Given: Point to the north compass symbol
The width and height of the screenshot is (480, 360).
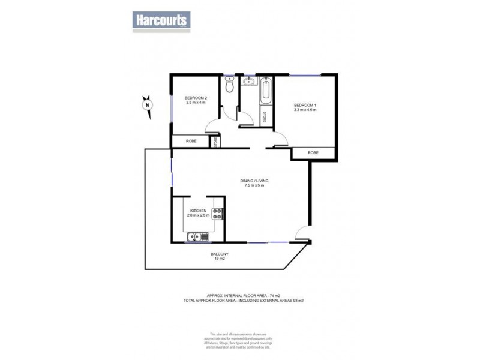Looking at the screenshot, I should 146,104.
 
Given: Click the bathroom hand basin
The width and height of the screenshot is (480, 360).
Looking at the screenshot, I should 248,82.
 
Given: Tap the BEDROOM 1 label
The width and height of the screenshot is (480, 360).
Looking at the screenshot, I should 305,106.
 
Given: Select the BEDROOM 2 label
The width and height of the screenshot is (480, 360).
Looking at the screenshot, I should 196,98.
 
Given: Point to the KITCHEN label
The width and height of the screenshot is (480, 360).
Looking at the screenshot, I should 199,211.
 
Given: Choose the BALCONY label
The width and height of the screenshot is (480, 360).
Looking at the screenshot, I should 218,254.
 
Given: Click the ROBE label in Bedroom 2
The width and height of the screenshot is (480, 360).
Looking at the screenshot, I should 191,142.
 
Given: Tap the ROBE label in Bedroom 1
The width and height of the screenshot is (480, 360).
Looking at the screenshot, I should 313,154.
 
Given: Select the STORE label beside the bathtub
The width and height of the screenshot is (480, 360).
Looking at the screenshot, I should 265,116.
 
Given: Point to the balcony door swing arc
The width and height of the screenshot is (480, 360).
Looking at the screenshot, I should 304,234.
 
